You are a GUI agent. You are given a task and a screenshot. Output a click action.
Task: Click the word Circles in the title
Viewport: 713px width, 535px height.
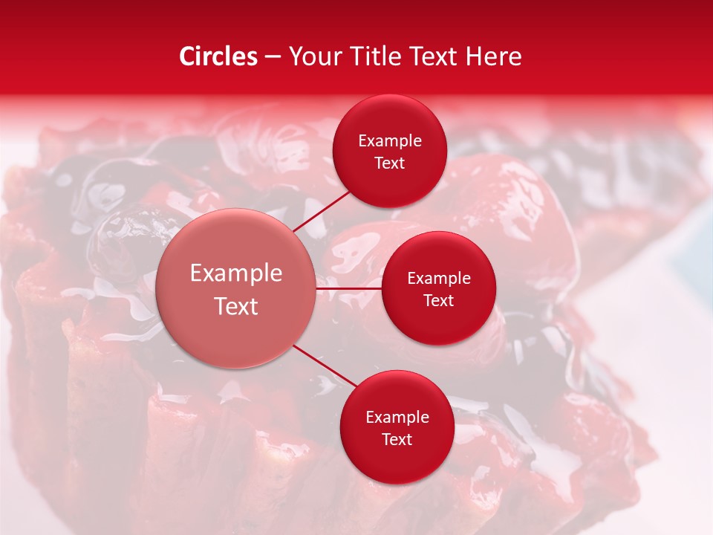pos(218,56)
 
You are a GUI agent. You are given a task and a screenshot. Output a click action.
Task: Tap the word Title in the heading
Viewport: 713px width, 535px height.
pos(378,56)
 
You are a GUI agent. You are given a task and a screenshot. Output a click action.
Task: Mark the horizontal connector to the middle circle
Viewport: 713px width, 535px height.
pos(348,288)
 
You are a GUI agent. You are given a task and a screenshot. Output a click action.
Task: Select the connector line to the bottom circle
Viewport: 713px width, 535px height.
pos(324,365)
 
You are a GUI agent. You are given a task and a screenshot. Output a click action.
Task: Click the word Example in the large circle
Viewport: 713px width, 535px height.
pos(235,273)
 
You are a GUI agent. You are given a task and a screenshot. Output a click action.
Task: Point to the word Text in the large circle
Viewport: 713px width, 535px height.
pos(235,306)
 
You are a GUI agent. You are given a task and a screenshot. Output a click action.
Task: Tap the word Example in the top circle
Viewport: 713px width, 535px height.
pos(389,140)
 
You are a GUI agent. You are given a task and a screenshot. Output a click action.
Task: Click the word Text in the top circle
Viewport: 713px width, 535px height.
pos(389,163)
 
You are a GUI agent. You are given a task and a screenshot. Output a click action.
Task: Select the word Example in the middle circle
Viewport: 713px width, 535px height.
pos(438,278)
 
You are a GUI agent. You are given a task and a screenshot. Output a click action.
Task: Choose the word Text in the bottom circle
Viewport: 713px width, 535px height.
pos(397,439)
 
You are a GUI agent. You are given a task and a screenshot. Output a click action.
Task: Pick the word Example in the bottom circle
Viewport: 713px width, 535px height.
pos(397,417)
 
